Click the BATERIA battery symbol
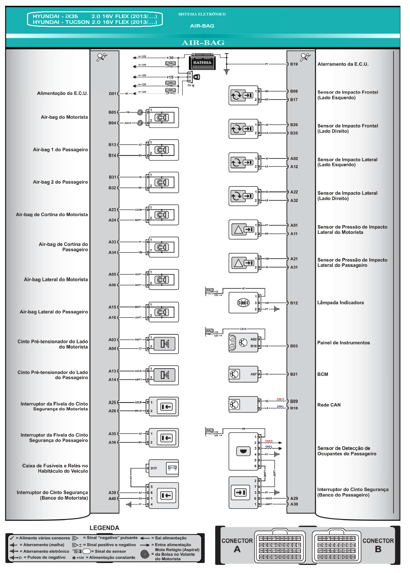coord(202,62)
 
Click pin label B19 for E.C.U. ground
coord(294,64)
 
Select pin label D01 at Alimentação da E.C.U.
coord(112,94)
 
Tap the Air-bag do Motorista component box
coord(163,118)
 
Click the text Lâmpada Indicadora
coord(340,302)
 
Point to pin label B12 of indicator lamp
coord(294,303)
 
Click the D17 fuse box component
coord(163,468)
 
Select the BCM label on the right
coord(323,374)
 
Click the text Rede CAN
coord(329,405)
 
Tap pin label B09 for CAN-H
coord(294,401)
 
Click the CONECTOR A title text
coord(237,545)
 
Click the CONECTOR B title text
coord(378,545)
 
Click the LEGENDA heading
coord(104,528)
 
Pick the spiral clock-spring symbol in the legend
coord(145,554)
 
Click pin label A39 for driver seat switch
coord(112,492)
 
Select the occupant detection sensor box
coord(243,451)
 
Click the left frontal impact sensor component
coord(243,95)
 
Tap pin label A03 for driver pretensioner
coord(112,340)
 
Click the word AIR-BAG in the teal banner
coord(203,43)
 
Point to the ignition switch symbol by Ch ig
coord(197,77)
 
